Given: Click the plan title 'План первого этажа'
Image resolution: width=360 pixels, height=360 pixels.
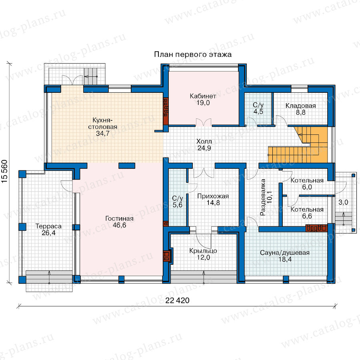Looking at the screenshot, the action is click(193, 55).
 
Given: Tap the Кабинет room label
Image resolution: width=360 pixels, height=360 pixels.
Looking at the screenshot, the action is click(203, 96).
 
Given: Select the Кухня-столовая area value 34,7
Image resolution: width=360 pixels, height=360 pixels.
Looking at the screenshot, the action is click(103, 133).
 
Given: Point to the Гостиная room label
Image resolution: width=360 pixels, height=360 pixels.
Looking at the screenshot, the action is click(119, 218).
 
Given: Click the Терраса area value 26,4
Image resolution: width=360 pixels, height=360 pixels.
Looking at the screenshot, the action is click(48, 233).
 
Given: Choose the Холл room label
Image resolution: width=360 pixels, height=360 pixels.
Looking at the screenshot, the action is click(204, 141).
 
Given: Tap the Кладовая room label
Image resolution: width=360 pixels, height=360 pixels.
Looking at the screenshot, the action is click(300, 106).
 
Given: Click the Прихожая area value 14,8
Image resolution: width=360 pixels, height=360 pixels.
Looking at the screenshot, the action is click(213, 203).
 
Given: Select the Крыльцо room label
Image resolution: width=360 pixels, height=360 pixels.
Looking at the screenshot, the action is click(203, 251).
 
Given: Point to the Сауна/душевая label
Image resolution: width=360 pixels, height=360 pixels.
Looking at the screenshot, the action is click(285, 253).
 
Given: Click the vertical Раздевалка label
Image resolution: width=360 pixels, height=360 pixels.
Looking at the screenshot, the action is click(263, 197).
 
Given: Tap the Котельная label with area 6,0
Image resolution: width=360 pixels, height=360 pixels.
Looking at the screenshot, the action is click(307, 180).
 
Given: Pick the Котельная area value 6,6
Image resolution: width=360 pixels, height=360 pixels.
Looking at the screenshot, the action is click(307, 216).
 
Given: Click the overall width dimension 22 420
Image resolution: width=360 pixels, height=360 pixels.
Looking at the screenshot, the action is click(178, 300).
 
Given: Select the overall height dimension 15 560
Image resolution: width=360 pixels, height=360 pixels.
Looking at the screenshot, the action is click(4, 172).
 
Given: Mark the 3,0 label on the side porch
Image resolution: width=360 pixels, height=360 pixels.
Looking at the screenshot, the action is click(343, 202).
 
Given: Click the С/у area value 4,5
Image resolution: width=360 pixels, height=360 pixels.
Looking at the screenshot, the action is click(258, 112).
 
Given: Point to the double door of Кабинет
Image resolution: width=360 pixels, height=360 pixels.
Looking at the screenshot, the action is click(204, 122).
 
